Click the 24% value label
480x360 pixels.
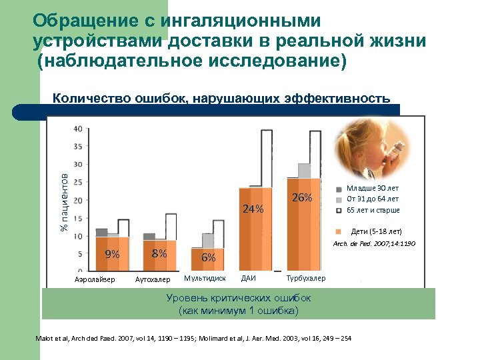253,208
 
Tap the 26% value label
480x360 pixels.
302,198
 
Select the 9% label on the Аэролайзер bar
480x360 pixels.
112,254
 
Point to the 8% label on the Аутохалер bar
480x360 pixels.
159,253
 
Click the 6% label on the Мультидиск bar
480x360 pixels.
208,257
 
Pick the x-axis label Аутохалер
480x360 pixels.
153,279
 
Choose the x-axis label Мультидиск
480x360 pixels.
205,278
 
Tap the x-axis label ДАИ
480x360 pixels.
248,278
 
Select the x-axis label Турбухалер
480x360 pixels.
306,278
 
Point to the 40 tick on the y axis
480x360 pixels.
78,128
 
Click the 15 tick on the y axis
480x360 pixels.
78,218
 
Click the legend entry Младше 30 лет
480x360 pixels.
373,188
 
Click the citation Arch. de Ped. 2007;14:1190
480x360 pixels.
374,244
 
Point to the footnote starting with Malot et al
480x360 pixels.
193,339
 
